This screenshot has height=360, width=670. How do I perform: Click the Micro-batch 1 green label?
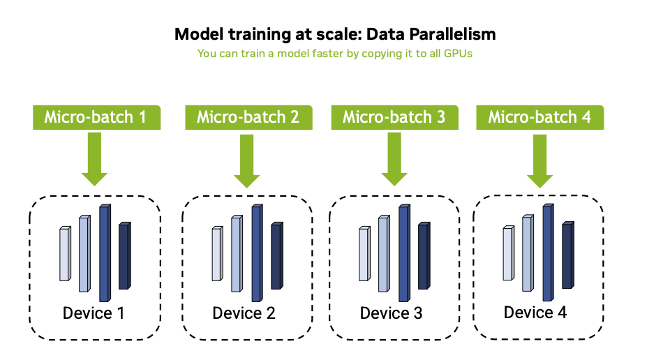[x=96, y=117]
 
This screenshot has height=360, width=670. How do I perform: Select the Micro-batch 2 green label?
[x=248, y=117]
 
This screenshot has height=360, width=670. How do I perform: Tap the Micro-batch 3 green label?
[x=394, y=117]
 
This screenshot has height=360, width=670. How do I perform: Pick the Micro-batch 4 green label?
[x=539, y=117]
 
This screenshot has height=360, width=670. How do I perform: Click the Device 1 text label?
[x=94, y=313]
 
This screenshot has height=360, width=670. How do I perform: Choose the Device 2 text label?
[x=244, y=313]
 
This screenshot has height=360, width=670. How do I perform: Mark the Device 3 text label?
[x=392, y=313]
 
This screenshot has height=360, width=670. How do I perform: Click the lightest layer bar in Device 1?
[x=65, y=254]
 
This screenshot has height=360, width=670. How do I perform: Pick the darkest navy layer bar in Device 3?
[x=424, y=256]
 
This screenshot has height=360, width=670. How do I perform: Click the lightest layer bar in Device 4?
[x=508, y=252]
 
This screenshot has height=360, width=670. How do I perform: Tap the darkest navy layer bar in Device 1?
[x=124, y=256]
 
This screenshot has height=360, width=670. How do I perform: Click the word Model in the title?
[x=193, y=34]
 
